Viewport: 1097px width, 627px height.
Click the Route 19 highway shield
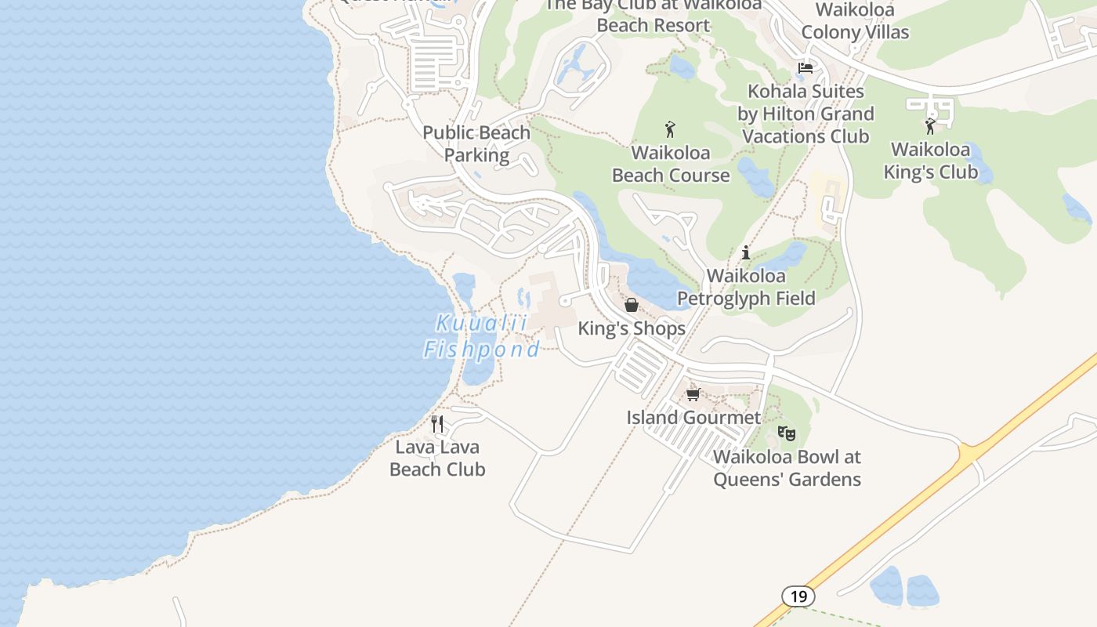pos(798,596)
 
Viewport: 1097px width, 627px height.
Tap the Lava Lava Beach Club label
pos(437,458)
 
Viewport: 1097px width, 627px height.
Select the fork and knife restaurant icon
pos(437,424)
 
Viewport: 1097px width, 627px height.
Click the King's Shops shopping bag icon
pos(632,305)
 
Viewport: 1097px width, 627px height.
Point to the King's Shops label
pos(632,328)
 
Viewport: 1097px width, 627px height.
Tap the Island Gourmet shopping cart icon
pos(693,394)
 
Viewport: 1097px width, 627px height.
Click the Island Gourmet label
pos(693,417)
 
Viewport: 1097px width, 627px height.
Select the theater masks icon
pos(787,433)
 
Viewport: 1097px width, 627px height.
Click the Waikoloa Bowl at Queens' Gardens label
pos(787,468)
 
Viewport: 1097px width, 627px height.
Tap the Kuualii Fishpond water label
pos(481,336)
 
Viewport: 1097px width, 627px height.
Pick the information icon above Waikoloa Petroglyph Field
pos(746,252)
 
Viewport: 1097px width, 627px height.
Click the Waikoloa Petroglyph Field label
pos(746,287)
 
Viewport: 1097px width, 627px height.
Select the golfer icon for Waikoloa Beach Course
pos(670,129)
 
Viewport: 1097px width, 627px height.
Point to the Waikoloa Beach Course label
pos(671,164)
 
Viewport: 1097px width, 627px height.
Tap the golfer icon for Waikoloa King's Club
pos(930,125)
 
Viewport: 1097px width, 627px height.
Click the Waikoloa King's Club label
pos(931,161)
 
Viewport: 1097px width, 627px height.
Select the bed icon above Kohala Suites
pos(805,68)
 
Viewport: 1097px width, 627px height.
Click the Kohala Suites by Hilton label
pos(806,114)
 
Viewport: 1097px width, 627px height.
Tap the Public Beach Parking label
pos(476,143)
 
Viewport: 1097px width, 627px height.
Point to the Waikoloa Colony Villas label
pos(855,21)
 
